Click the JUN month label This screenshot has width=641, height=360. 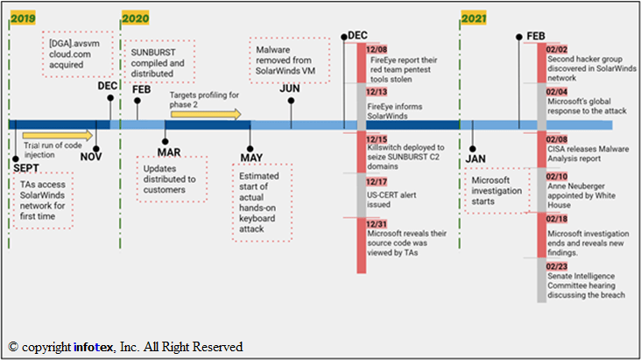289,88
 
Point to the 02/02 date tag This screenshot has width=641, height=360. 558,50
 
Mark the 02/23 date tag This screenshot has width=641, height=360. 558,265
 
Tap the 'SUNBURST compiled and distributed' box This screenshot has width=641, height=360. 158,57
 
